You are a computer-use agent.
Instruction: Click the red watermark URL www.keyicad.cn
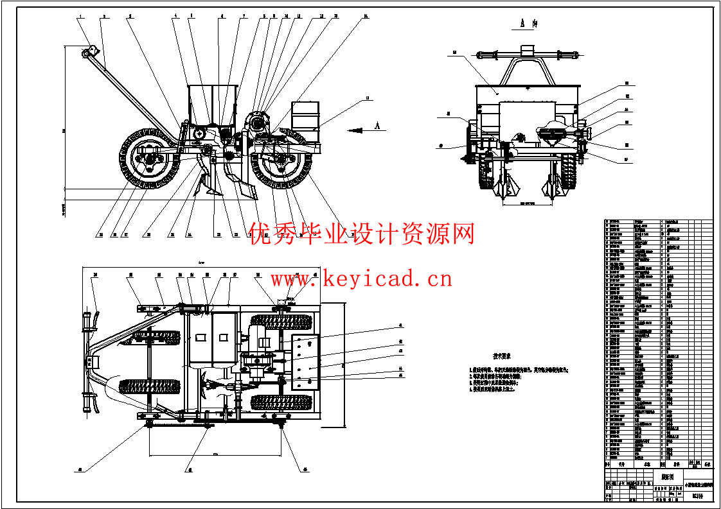(360, 279)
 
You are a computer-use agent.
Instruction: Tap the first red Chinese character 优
(261, 234)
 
